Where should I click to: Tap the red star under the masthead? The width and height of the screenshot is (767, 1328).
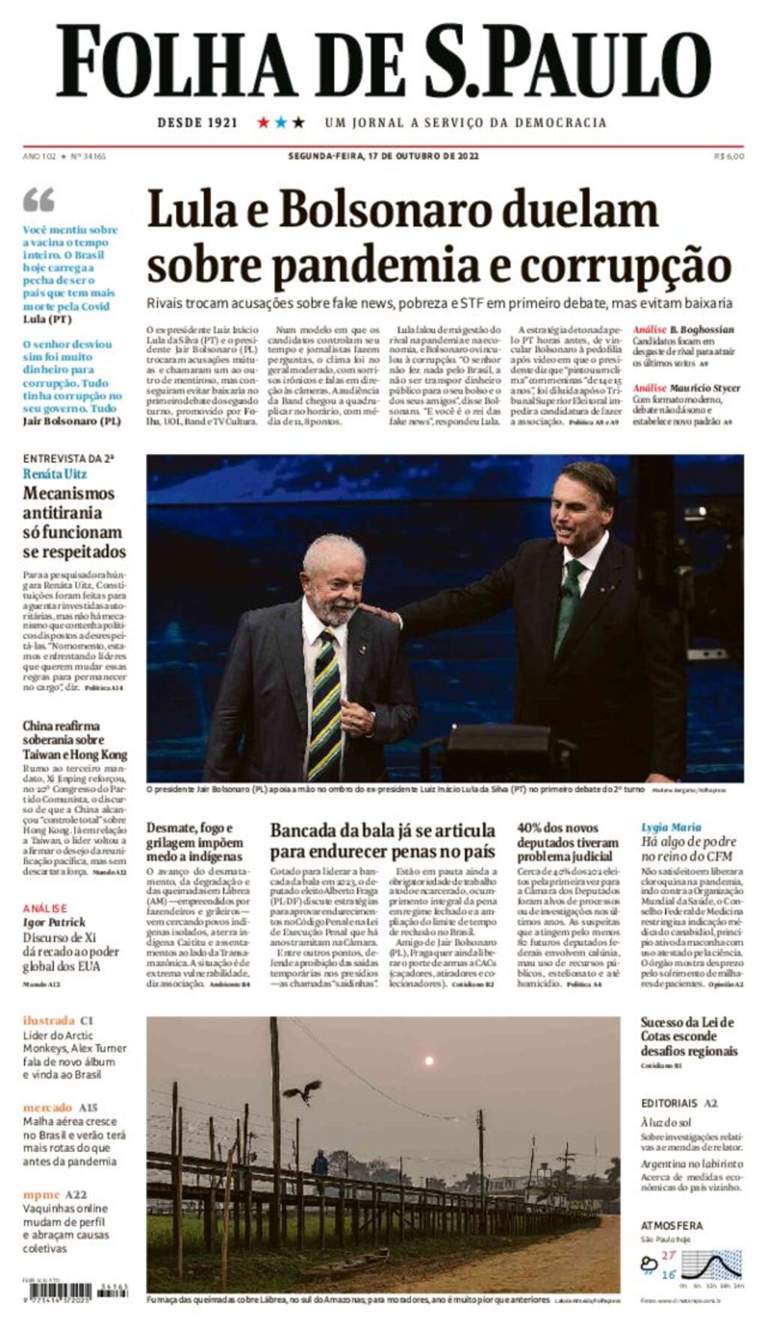click(x=263, y=122)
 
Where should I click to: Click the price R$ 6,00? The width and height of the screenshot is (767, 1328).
click(x=729, y=157)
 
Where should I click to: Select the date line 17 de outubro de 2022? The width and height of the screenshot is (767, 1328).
click(x=383, y=157)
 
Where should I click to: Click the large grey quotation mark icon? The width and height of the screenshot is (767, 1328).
click(x=39, y=200)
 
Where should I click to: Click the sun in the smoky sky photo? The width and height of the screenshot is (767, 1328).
click(x=428, y=1061)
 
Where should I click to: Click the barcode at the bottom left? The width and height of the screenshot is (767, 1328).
click(x=58, y=1291)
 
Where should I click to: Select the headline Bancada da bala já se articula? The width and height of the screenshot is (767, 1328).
click(x=382, y=831)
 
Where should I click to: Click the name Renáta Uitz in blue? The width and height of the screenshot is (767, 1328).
click(x=55, y=474)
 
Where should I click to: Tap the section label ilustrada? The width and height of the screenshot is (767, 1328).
click(x=49, y=1020)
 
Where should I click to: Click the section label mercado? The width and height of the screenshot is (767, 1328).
click(x=47, y=1107)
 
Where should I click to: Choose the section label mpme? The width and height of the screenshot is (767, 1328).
click(x=41, y=1195)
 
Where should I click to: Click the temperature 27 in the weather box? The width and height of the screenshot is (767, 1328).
click(x=668, y=1255)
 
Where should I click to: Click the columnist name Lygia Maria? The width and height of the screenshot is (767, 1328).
click(x=671, y=827)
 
